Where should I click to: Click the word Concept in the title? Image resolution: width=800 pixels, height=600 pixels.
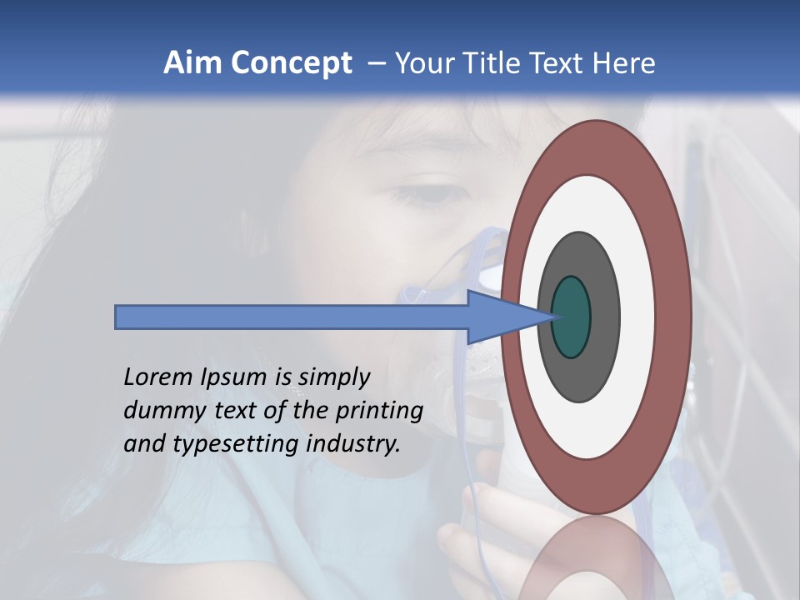[292, 63]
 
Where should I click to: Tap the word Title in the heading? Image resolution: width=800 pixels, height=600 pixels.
[495, 63]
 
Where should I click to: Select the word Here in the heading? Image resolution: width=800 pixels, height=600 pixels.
[623, 63]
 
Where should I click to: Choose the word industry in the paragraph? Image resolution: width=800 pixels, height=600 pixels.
[353, 445]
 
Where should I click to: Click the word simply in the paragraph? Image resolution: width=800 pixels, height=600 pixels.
[333, 378]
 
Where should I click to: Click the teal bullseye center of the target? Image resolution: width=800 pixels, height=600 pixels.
[572, 317]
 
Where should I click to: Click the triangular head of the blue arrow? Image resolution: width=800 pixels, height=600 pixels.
[500, 317]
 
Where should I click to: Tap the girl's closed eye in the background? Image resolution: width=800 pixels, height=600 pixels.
[433, 195]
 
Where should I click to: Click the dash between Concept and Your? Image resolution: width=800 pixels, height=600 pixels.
[377, 63]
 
